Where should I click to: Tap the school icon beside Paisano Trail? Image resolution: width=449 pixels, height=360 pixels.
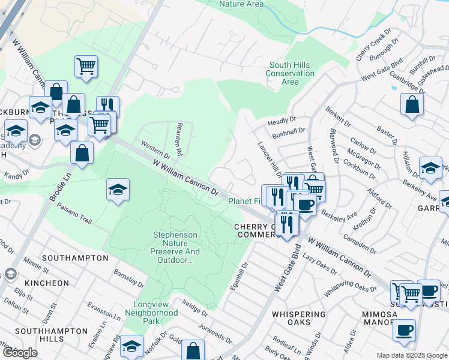click(x=118, y=190)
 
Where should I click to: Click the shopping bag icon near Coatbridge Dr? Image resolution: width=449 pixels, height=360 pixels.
click(x=412, y=104)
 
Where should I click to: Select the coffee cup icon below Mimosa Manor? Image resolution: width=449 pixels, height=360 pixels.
click(x=404, y=330)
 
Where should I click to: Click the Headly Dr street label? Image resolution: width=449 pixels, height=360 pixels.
click(x=282, y=121)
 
